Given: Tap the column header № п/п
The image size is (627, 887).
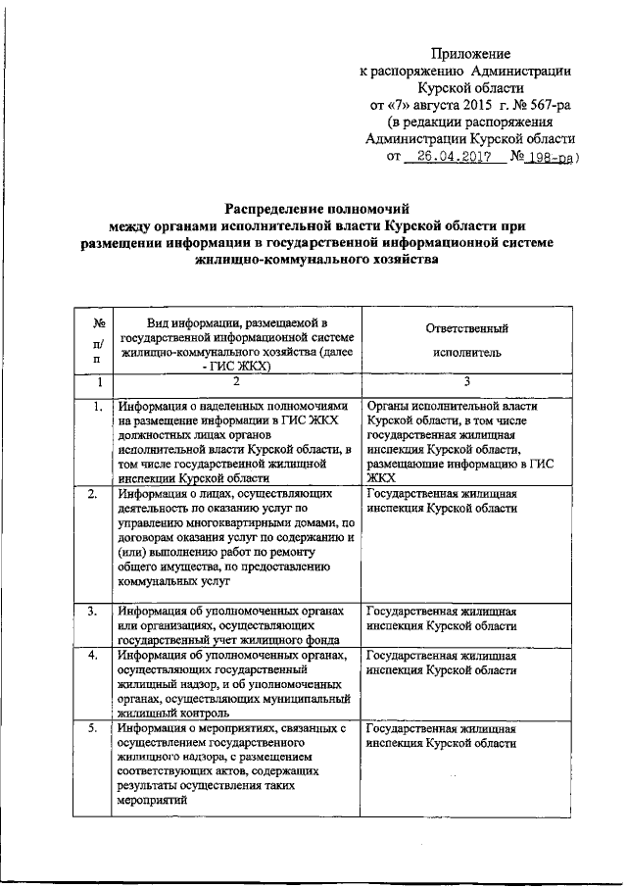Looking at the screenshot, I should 98,340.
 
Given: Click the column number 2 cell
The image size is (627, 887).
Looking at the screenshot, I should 235,383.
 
